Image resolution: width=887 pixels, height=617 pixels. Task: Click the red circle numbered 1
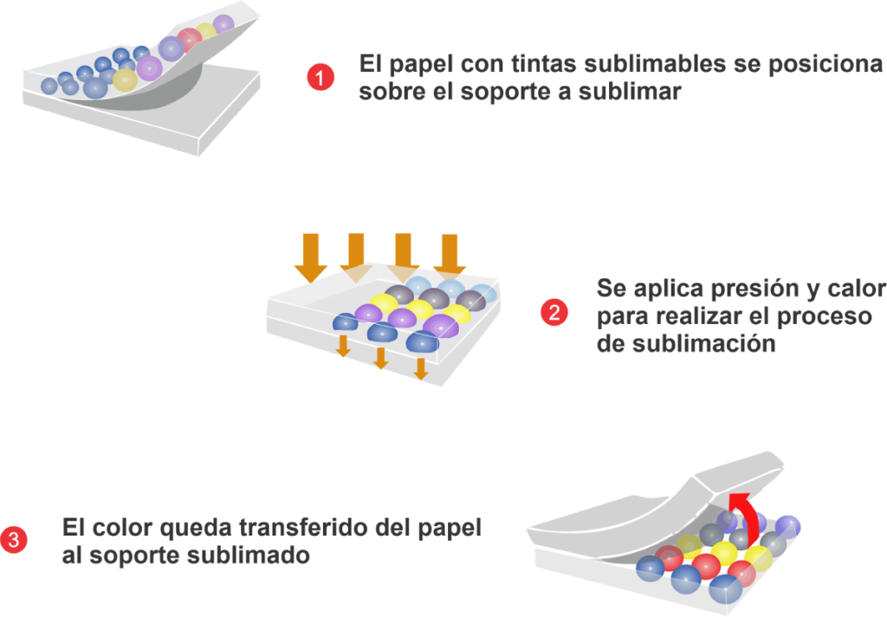(320, 77)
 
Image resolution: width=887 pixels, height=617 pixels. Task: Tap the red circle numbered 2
(554, 313)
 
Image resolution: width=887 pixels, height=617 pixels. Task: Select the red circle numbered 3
(14, 540)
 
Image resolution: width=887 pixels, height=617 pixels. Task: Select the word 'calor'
(854, 288)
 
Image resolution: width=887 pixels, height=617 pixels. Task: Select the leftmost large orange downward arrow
(311, 257)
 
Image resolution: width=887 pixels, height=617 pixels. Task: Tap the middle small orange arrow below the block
(381, 358)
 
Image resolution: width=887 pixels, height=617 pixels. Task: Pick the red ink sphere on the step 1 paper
(190, 40)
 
